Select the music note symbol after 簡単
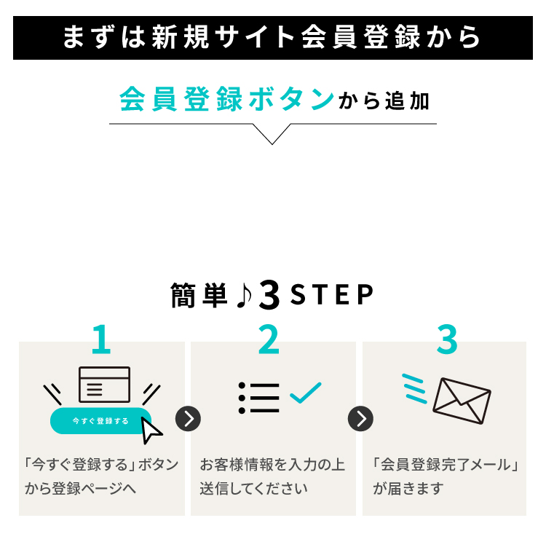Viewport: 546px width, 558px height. [x=243, y=295]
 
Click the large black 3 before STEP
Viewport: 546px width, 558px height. [x=269, y=295]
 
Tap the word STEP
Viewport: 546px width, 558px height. [x=331, y=295]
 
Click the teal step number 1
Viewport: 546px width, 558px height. [x=101, y=339]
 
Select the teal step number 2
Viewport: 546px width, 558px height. [x=269, y=339]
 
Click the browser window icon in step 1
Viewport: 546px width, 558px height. [x=104, y=385]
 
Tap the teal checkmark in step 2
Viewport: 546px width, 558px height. [x=305, y=393]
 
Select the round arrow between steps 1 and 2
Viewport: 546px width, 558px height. [x=188, y=419]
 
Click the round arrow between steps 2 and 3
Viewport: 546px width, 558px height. [x=360, y=419]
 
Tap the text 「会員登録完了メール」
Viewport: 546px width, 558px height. [x=445, y=465]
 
